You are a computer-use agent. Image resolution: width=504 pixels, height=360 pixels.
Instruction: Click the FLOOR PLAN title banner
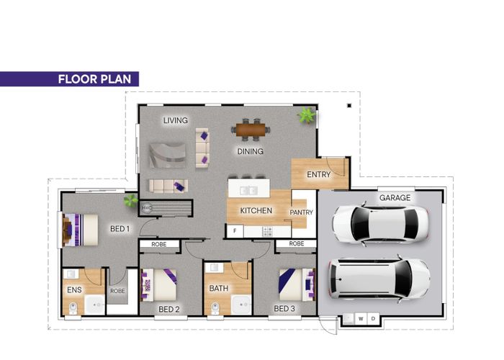(x=69, y=79)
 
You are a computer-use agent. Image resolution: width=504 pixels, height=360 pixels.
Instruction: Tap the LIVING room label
(x=176, y=120)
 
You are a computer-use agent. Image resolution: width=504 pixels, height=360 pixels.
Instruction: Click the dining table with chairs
(x=251, y=130)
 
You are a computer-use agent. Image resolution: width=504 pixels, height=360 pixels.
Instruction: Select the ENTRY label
(x=318, y=174)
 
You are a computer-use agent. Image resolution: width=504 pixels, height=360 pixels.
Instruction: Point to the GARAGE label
(x=395, y=198)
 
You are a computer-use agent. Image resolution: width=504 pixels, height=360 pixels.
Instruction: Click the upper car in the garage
(x=381, y=223)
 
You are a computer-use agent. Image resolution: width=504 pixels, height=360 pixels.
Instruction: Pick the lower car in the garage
(x=379, y=279)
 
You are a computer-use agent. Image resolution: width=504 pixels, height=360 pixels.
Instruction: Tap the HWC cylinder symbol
(x=147, y=207)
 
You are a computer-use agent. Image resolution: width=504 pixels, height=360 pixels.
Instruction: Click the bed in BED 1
(x=80, y=230)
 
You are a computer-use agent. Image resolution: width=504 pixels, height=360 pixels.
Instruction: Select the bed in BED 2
(x=159, y=285)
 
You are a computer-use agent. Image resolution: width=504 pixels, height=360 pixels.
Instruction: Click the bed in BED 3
(x=297, y=285)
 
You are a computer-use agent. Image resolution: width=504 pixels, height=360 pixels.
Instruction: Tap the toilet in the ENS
(x=73, y=308)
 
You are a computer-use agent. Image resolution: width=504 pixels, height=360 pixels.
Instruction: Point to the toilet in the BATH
(x=215, y=309)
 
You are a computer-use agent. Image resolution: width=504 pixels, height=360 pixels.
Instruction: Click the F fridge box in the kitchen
(x=235, y=231)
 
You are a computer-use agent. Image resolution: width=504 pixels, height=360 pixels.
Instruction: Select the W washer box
(x=361, y=319)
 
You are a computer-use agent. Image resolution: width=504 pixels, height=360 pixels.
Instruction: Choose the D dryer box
(x=373, y=319)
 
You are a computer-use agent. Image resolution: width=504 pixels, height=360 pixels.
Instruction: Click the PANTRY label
(x=301, y=212)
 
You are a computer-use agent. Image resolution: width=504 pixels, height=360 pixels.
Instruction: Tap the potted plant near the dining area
(x=307, y=115)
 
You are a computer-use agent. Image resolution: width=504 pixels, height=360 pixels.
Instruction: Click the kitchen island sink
(x=249, y=191)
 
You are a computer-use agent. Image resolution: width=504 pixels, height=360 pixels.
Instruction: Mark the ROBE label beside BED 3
(x=297, y=243)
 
